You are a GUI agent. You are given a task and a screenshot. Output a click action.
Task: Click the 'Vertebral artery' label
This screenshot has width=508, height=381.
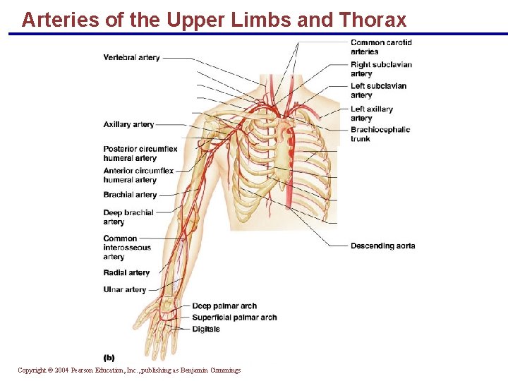coord(131,58)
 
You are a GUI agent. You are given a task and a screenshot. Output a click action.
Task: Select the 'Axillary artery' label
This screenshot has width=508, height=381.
coord(128,125)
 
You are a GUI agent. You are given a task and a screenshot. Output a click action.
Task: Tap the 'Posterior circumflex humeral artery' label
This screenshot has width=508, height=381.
coord(140,154)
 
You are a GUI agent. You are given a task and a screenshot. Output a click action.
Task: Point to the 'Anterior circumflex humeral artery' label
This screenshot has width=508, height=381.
coord(138,176)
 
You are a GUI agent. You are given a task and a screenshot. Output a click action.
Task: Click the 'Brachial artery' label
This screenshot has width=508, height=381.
coord(130,195)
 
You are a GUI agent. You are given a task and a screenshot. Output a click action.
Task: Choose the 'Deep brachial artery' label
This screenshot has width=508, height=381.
coord(128,217)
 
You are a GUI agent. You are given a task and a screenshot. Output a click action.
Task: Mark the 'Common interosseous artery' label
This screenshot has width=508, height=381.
coord(126,248)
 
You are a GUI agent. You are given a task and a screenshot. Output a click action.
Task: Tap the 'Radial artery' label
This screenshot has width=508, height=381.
coord(126,273)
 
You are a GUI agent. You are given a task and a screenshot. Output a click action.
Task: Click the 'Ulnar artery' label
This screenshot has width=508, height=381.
coord(124,290)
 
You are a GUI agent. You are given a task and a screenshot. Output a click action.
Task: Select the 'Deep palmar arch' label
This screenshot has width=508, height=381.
coord(224,306)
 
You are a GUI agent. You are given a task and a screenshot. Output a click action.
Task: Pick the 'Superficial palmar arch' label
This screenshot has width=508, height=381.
coord(234,317)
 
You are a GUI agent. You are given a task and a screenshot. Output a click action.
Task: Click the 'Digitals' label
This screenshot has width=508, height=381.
coord(206,329)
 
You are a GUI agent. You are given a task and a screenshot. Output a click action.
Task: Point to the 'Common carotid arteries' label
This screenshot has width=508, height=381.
coord(381,47)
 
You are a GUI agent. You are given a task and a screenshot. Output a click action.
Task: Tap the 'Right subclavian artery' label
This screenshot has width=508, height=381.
coord(381,69)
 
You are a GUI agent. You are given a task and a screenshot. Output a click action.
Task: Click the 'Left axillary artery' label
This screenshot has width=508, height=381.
coord(372,114)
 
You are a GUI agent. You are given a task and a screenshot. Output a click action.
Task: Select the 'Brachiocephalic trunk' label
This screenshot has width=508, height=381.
coord(380,134)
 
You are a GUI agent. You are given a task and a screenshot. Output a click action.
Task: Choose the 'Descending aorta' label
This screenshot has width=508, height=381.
coord(382,246)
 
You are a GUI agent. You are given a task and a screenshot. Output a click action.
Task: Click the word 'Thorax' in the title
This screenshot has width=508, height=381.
coord(371,19)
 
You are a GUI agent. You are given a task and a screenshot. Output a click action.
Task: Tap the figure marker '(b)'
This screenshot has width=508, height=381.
coord(109,358)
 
